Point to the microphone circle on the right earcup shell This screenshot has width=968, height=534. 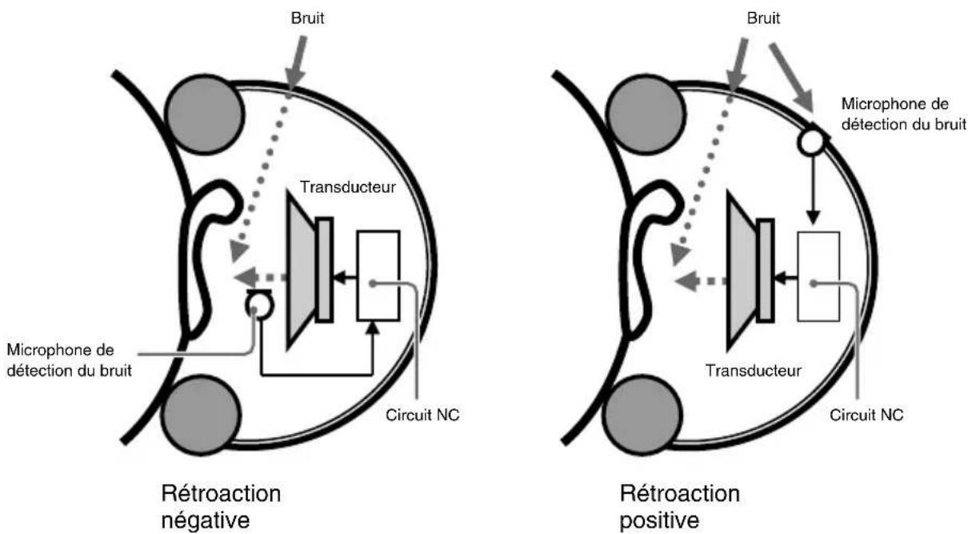(811, 143)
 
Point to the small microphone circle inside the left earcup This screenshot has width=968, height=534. (258, 305)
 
